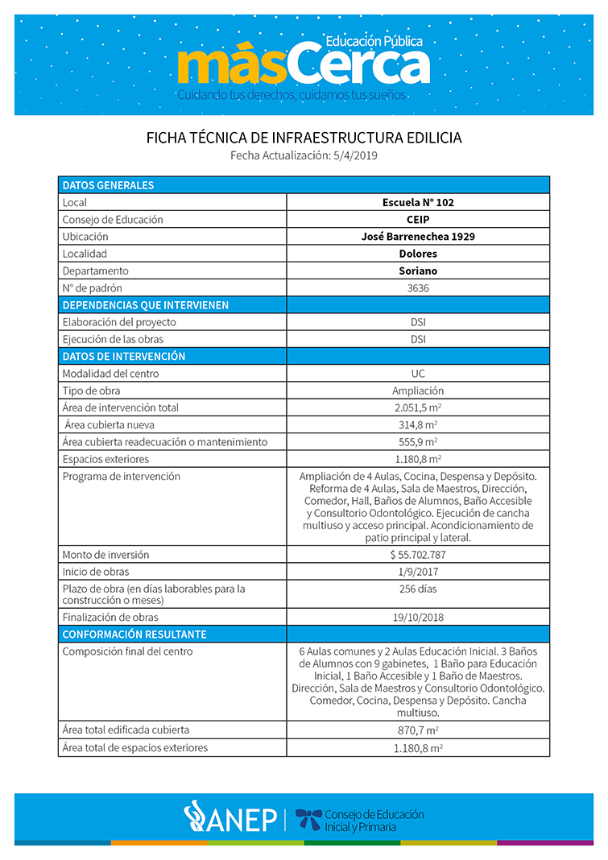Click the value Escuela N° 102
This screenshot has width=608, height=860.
418,202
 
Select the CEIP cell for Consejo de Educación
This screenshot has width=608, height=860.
418,220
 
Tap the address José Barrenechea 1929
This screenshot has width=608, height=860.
418,237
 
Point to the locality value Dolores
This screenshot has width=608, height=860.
418,254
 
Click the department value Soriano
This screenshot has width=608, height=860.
418,271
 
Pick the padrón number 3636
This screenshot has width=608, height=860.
418,287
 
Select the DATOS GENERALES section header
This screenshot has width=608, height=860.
108,185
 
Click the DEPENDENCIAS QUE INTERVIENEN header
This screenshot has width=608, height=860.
146,305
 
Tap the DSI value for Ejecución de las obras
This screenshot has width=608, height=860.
418,339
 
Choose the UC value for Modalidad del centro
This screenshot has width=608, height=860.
418,374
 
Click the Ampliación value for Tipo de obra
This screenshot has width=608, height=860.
418,391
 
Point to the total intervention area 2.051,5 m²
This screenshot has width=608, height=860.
418,407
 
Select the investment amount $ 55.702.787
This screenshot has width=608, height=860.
418,555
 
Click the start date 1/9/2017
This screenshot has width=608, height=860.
418,572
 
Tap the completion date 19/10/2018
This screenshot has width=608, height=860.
418,618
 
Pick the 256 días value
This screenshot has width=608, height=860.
418,589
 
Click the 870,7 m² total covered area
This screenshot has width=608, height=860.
418,730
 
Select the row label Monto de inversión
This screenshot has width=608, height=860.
105,555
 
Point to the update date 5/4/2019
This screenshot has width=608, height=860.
355,155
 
